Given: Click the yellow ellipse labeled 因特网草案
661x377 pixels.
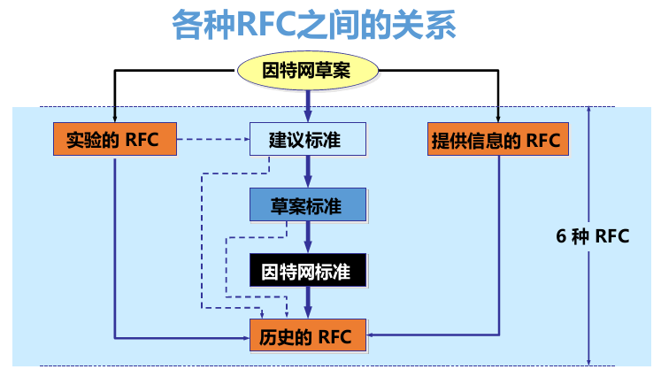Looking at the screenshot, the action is [308, 71].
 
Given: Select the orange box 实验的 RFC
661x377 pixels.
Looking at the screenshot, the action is [115, 139].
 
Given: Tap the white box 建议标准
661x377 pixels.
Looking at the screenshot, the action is [308, 139].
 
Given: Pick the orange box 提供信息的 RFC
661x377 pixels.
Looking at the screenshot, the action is [498, 139].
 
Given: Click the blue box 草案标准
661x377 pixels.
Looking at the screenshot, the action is [308, 205].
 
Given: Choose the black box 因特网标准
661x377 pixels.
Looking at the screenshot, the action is [308, 270].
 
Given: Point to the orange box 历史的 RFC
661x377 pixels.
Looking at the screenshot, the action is [308, 335].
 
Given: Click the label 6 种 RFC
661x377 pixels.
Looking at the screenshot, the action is [592, 236].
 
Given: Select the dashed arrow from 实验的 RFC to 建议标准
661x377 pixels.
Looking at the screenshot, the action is [213, 139].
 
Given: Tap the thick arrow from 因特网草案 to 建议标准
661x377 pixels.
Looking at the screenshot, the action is [308, 106].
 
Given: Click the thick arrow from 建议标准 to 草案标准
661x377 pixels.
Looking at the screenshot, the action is [308, 172].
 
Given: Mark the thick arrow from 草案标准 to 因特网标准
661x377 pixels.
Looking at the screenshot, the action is [308, 237].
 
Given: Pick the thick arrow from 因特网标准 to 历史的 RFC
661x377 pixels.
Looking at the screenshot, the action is [308, 303].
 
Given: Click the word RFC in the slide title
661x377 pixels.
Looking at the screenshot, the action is [266, 25].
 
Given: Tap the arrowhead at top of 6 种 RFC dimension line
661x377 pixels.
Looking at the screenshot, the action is [589, 109].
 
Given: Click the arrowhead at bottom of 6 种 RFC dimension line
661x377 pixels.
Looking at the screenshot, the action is [589, 363].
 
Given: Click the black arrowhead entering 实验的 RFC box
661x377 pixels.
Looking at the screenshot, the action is [115, 119].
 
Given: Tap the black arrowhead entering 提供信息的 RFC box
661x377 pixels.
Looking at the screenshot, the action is [498, 119].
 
